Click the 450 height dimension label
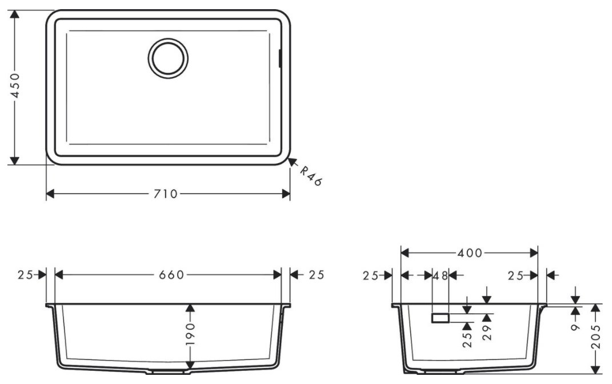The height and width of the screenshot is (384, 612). click(14, 86)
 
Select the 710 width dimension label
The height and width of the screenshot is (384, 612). click(166, 194)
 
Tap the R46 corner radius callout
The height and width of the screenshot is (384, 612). click(311, 176)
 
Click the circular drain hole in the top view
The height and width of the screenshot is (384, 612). click(168, 58)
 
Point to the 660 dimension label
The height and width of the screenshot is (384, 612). click(171, 275)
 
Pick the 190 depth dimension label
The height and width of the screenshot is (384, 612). click(190, 334)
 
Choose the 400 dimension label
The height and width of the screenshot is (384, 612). click(470, 253)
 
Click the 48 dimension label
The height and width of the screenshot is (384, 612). click(441, 276)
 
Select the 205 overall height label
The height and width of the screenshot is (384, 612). click(595, 338)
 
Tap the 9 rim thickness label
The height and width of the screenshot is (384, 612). click(575, 327)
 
